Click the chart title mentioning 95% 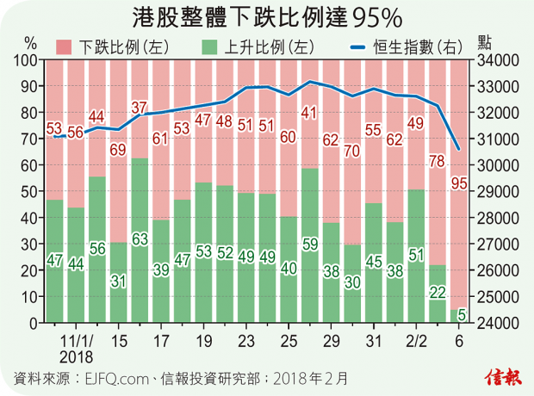coord(266,17)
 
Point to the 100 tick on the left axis coord(28,59)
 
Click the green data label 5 coord(462,315)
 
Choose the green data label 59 coord(311,244)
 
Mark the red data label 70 coord(353,152)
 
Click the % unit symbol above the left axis coord(30,42)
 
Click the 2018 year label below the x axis coord(75,355)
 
